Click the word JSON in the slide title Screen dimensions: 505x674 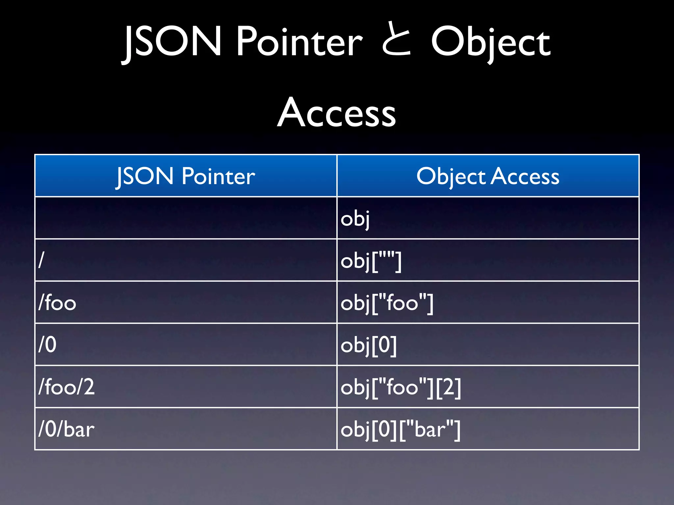click(172, 42)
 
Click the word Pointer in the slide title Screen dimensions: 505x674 click(299, 42)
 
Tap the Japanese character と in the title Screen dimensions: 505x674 click(397, 41)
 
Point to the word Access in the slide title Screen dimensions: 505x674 click(336, 112)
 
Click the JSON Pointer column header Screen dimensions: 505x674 click(186, 176)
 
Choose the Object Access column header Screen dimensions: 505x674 click(488, 176)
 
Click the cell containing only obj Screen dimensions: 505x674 click(355, 219)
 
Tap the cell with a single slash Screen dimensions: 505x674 click(41, 260)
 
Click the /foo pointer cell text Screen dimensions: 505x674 click(57, 302)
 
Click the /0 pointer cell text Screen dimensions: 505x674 click(47, 345)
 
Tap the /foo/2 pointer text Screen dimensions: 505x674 click(66, 387)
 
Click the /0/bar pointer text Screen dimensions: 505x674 click(66, 429)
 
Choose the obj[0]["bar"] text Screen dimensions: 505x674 click(401, 429)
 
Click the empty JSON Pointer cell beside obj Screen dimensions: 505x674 click(186, 218)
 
